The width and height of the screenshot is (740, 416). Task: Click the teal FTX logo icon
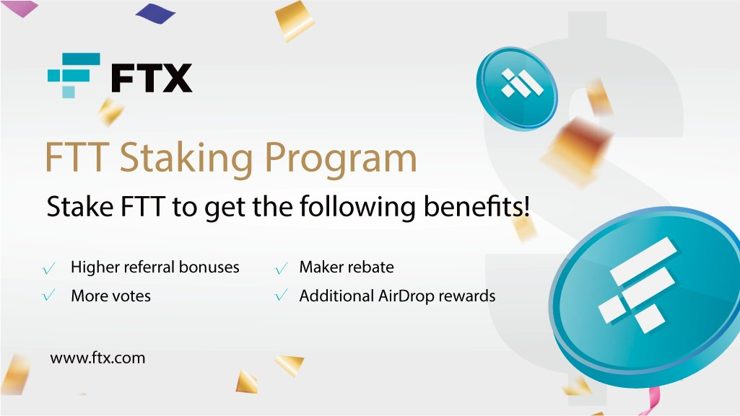[74, 75]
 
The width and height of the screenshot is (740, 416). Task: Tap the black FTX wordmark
[152, 78]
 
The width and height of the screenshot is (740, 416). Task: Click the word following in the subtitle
[358, 208]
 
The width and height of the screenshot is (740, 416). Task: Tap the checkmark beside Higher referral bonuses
[48, 268]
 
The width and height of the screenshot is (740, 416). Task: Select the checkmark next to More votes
[48, 296]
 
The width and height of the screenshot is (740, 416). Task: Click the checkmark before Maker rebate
[281, 268]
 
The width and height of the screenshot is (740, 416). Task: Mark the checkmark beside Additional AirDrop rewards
[281, 296]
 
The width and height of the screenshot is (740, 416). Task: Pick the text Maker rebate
[347, 267]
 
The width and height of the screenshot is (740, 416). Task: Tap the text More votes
[111, 296]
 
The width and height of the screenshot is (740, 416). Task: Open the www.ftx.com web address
[97, 358]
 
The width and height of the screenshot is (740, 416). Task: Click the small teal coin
[517, 88]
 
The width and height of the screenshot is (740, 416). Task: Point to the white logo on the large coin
[638, 286]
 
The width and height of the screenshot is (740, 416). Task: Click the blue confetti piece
[155, 13]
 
